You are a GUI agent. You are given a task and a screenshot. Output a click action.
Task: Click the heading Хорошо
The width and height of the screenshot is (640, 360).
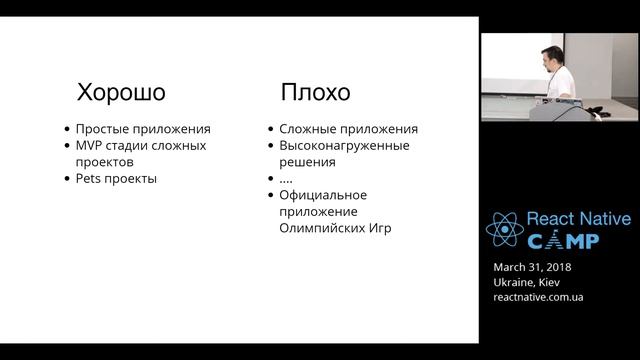pos(121,93)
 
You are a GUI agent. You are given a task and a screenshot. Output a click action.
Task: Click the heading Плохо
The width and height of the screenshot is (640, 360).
pos(315,93)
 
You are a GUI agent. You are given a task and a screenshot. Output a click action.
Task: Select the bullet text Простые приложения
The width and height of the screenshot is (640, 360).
pos(144,129)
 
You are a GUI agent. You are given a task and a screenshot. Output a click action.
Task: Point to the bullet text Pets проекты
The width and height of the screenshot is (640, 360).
pos(117,179)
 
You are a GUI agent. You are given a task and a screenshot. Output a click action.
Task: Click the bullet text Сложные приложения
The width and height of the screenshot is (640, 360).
pos(349,129)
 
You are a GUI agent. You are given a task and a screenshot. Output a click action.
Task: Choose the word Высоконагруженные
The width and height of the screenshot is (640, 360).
pos(345,146)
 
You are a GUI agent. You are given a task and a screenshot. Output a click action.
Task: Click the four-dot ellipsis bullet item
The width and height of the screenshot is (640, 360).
pos(287,179)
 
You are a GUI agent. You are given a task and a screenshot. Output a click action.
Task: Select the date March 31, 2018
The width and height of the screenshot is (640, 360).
pos(533,267)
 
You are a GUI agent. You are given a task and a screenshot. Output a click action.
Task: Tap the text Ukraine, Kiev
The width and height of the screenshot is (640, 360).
pos(527,282)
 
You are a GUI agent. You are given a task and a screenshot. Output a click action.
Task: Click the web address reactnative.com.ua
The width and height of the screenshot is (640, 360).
pos(539,297)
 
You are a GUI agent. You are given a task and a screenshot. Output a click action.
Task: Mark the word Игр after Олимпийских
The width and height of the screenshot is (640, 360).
pos(379,228)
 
